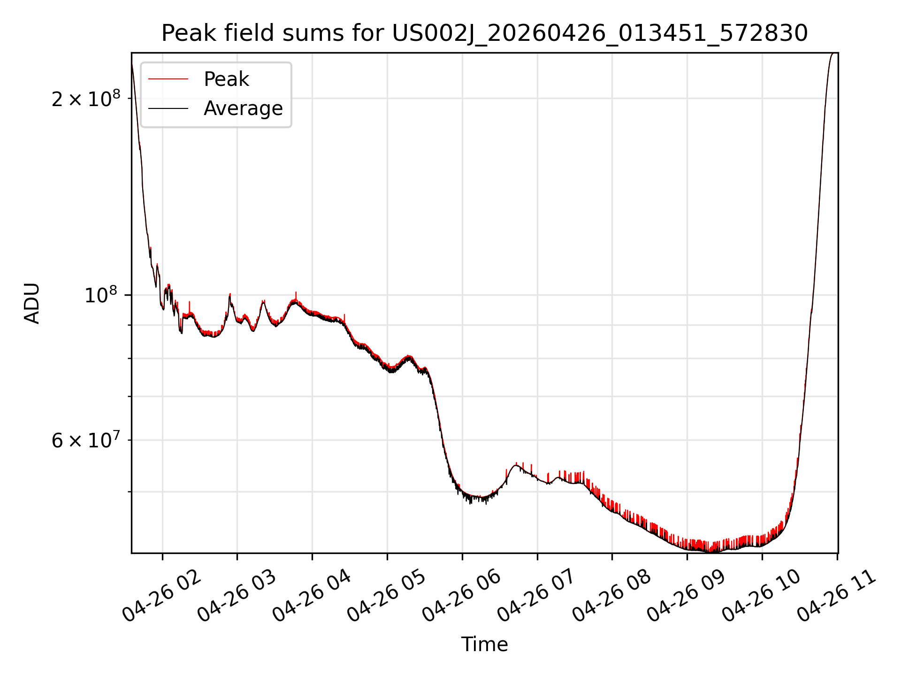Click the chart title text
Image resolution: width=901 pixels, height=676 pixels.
(484, 33)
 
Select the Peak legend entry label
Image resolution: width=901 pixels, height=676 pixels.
(226, 79)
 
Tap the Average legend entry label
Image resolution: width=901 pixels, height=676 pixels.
(243, 108)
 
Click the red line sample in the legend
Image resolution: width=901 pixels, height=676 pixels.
(168, 79)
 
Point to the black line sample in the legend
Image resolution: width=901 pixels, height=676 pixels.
(168, 108)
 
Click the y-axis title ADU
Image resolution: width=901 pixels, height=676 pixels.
(32, 303)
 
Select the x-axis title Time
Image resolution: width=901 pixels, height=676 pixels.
(484, 644)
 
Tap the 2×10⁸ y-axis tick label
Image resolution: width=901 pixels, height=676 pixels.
(85, 99)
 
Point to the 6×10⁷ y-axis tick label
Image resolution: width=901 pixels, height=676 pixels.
(85, 440)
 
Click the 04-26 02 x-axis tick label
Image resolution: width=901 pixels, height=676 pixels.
(162, 596)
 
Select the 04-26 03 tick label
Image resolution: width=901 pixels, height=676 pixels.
(237, 596)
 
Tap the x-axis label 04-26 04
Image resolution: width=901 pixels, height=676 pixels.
(312, 596)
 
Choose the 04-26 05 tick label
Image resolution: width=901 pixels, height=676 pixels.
(387, 596)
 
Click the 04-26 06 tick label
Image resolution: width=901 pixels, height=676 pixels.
(462, 596)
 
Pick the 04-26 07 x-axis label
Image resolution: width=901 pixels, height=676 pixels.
(537, 596)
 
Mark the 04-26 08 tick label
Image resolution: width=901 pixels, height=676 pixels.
(612, 596)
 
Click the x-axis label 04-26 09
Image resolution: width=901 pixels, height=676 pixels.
(687, 596)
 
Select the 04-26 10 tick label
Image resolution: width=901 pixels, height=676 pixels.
(762, 596)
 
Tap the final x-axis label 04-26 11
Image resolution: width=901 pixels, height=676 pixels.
(837, 596)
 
